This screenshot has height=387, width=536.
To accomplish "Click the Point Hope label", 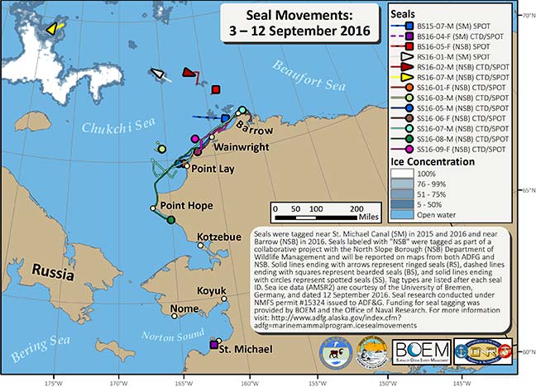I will coord(187,206).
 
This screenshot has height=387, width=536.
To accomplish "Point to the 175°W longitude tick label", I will coord(55,382).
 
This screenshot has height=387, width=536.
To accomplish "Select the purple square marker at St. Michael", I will coord(214,344).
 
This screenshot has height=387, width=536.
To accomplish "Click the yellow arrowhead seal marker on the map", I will coord(52,28).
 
